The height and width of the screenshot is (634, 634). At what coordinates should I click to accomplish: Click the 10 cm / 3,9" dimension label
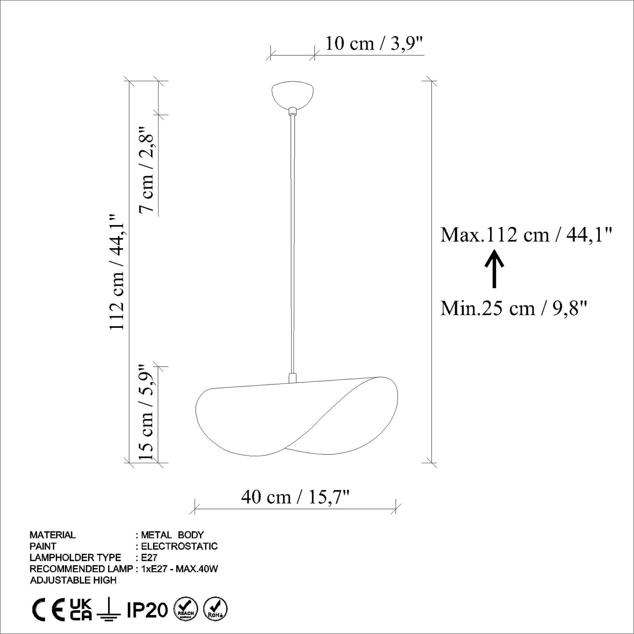click(x=374, y=43)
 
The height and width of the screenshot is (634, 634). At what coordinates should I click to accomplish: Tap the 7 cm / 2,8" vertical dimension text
click(x=147, y=169)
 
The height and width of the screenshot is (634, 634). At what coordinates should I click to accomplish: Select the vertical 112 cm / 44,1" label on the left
click(x=117, y=272)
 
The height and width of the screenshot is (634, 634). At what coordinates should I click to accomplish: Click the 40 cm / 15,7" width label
click(x=295, y=497)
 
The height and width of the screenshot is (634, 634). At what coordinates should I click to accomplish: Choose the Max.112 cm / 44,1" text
click(x=526, y=235)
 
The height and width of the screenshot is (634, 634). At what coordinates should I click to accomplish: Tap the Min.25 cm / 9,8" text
click(x=514, y=308)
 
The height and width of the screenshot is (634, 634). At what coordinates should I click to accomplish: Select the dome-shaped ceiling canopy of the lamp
click(x=292, y=94)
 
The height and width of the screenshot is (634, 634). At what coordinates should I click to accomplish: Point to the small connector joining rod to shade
click(x=292, y=377)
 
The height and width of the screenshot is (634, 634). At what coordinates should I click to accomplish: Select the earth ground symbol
click(x=109, y=609)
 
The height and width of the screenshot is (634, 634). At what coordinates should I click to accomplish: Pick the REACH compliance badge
click(x=186, y=609)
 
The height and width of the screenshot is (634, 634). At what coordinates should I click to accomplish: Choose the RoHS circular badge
click(x=215, y=609)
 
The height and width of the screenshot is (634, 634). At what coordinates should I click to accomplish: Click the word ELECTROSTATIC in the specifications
click(x=179, y=546)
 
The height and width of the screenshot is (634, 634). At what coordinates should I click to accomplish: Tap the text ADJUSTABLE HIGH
click(x=73, y=580)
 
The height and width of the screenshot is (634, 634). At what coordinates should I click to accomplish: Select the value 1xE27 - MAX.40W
click(x=180, y=569)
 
